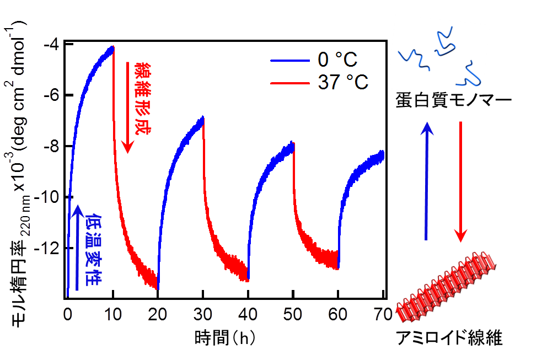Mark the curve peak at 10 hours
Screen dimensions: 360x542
tap(112, 49)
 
